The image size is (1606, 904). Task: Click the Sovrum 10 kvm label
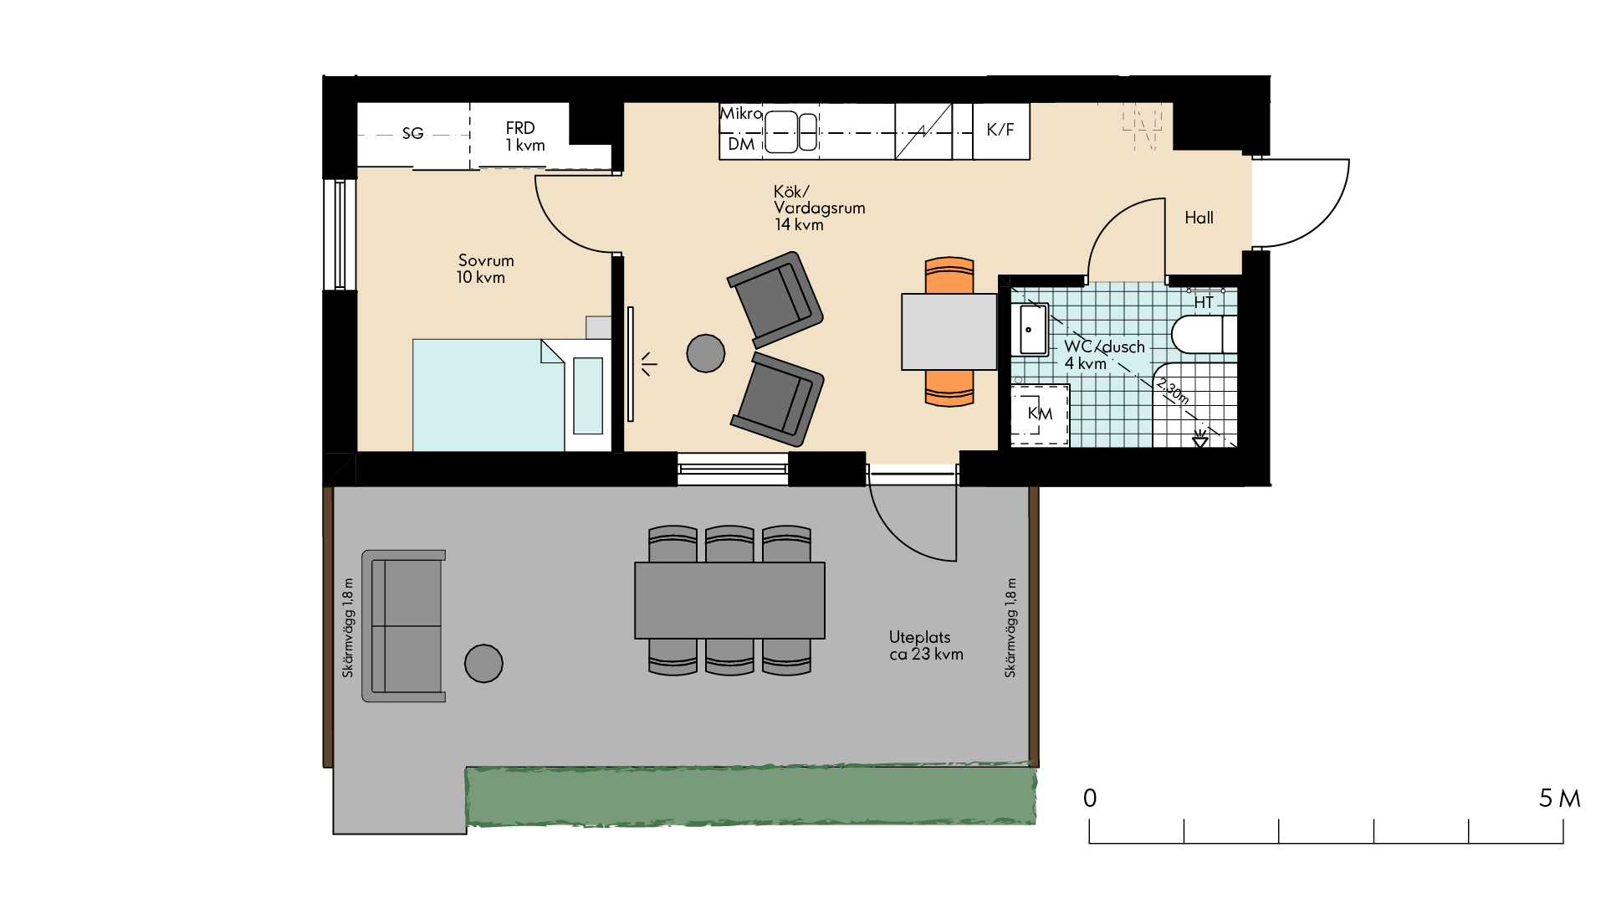point(484,269)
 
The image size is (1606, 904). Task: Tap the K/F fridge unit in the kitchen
point(1001,131)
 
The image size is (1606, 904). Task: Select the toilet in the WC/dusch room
point(1204,335)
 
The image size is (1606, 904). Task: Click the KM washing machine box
point(1040,414)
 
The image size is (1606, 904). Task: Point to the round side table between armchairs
point(706,353)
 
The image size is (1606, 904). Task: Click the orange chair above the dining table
point(949,275)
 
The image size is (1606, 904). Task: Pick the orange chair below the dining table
point(949,388)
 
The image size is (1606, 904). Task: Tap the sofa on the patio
point(403,625)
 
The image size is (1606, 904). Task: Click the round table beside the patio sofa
point(483,664)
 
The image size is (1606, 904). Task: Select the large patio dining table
point(729,600)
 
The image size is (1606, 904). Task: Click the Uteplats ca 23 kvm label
point(926,645)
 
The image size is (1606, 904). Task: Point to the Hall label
point(1199,218)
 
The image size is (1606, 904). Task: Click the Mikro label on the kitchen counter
point(742,114)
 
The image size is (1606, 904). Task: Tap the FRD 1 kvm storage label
point(524,136)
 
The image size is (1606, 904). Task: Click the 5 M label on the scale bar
point(1560,799)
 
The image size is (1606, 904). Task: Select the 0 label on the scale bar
point(1090,798)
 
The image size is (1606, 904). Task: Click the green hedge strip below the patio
point(751,795)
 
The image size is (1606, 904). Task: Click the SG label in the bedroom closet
point(412,133)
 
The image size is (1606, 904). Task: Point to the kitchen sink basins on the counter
point(791,132)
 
